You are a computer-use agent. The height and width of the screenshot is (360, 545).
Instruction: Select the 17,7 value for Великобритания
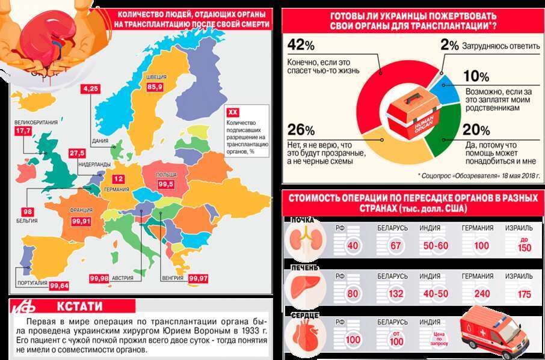point(23,131)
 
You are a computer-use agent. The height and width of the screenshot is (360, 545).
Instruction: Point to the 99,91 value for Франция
point(81,221)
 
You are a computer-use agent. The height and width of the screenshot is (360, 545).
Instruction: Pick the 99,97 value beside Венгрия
point(199,278)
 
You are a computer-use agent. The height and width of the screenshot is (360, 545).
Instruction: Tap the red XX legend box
point(233,112)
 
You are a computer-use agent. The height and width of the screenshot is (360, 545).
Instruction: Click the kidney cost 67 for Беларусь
point(395,245)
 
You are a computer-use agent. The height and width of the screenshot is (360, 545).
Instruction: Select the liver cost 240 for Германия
point(482,294)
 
